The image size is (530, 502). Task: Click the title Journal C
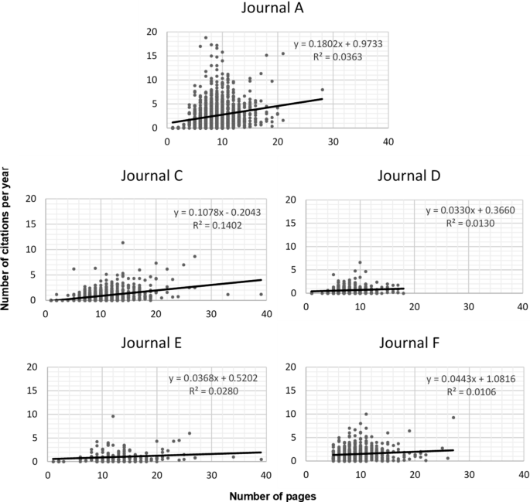152,176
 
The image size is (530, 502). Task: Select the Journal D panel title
409,176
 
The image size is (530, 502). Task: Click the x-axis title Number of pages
265,491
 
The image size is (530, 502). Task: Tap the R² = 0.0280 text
215,392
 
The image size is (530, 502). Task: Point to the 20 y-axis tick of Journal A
152,32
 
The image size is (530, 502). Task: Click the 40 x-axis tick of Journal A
388,142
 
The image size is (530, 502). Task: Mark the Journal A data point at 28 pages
322,90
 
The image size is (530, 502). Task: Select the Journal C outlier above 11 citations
122,243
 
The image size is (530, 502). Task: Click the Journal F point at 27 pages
453,418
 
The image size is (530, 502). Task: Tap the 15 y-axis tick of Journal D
292,225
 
